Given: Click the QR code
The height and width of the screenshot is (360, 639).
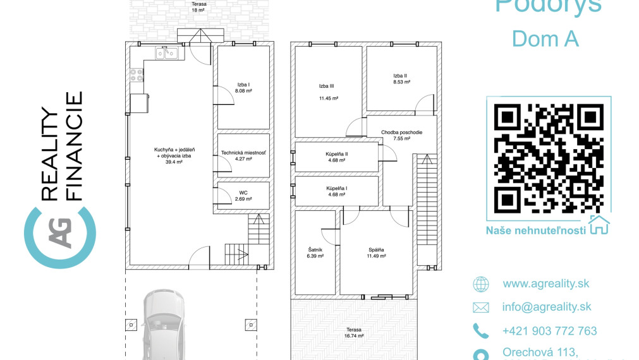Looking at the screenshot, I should pyautogui.click(x=548, y=158).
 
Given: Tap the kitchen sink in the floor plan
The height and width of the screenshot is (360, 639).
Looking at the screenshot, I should pyautogui.click(x=166, y=54).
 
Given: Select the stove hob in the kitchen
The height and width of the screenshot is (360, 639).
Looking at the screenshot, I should pyautogui.click(x=137, y=76).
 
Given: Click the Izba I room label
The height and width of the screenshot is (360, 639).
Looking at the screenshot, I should pyautogui.click(x=243, y=88).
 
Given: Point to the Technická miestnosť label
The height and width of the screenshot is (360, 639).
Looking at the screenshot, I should pyautogui.click(x=243, y=156).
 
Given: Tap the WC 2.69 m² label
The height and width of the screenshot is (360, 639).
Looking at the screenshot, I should pyautogui.click(x=243, y=196).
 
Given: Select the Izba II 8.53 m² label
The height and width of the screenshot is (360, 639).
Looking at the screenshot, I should pyautogui.click(x=401, y=79).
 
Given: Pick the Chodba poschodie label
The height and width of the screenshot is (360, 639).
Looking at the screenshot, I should pyautogui.click(x=401, y=135).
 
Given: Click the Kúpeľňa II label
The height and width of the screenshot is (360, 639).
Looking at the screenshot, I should pyautogui.click(x=337, y=157).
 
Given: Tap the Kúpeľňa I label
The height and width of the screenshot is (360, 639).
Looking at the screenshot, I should pyautogui.click(x=337, y=191).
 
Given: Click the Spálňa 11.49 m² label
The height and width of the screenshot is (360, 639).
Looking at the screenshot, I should pyautogui.click(x=377, y=253).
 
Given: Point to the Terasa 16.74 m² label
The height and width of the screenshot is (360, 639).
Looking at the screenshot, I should pyautogui.click(x=354, y=333).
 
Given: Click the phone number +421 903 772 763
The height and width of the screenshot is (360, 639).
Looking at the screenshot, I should pyautogui.click(x=549, y=331).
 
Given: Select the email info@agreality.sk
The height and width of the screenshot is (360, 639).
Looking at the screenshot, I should pyautogui.click(x=547, y=307).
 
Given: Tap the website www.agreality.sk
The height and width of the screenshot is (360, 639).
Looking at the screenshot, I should pyautogui.click(x=546, y=284).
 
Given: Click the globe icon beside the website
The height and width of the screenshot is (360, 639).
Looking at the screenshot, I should pyautogui.click(x=481, y=284).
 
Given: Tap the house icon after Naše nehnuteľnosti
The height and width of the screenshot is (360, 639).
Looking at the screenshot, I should pyautogui.click(x=599, y=225).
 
